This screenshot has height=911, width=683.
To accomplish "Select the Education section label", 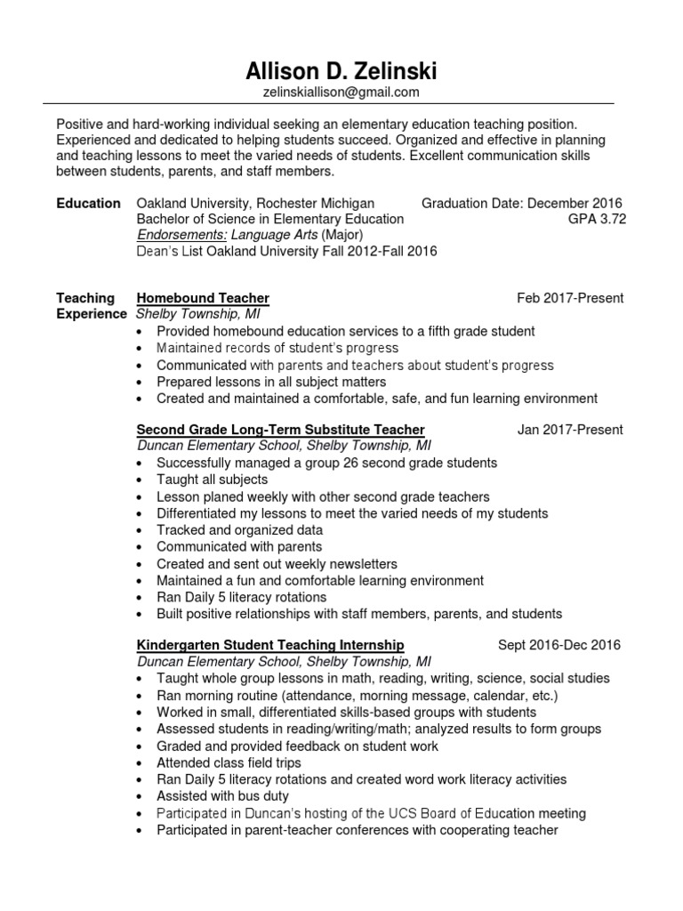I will coord(89,204).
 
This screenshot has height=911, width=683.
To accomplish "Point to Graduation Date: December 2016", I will coord(522,204).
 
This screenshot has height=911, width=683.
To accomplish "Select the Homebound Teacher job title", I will coord(203,298).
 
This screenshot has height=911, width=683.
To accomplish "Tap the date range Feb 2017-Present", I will coord(570,298).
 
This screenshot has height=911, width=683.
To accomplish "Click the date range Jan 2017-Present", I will coord(570,430).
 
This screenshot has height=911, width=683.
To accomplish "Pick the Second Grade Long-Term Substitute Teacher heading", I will coord(280,430).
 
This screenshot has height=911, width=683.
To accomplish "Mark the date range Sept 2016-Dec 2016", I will coord(559,645).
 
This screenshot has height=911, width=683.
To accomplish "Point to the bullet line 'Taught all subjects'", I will coord(212,480).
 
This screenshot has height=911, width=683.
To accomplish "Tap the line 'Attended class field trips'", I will coord(229,762).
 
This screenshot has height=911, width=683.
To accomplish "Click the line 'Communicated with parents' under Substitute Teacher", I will coord(238,547).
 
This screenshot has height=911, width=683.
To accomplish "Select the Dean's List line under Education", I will coord(286,252).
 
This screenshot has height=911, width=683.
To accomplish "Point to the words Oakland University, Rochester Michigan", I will coord(255,204).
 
